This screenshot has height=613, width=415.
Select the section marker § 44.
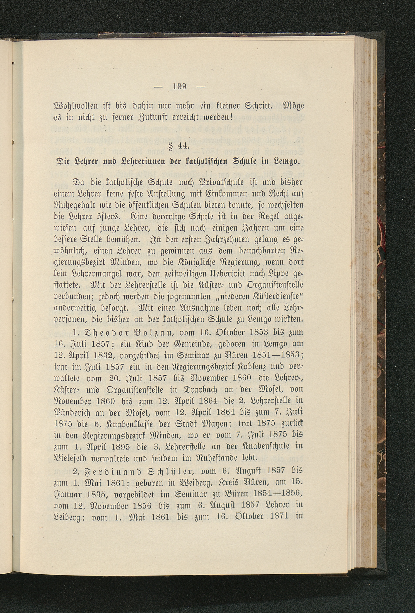point(179,146)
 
